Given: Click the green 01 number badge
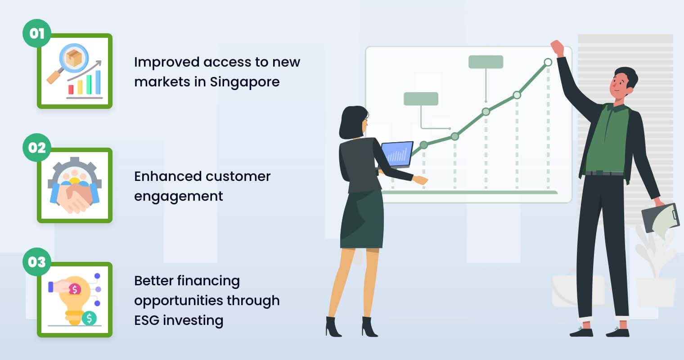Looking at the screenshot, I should (37, 33).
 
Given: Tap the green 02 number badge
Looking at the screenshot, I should (37, 148).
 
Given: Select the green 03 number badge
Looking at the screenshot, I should (37, 262).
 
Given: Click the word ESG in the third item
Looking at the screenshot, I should (147, 320).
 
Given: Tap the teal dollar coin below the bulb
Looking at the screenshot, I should (89, 318).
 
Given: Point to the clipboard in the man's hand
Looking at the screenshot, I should (660, 218).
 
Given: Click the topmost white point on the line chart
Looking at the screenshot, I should (548, 62).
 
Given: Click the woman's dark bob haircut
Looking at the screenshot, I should (352, 122).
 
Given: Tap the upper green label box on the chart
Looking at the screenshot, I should (486, 62).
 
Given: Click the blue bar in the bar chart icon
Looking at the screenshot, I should (98, 82).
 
